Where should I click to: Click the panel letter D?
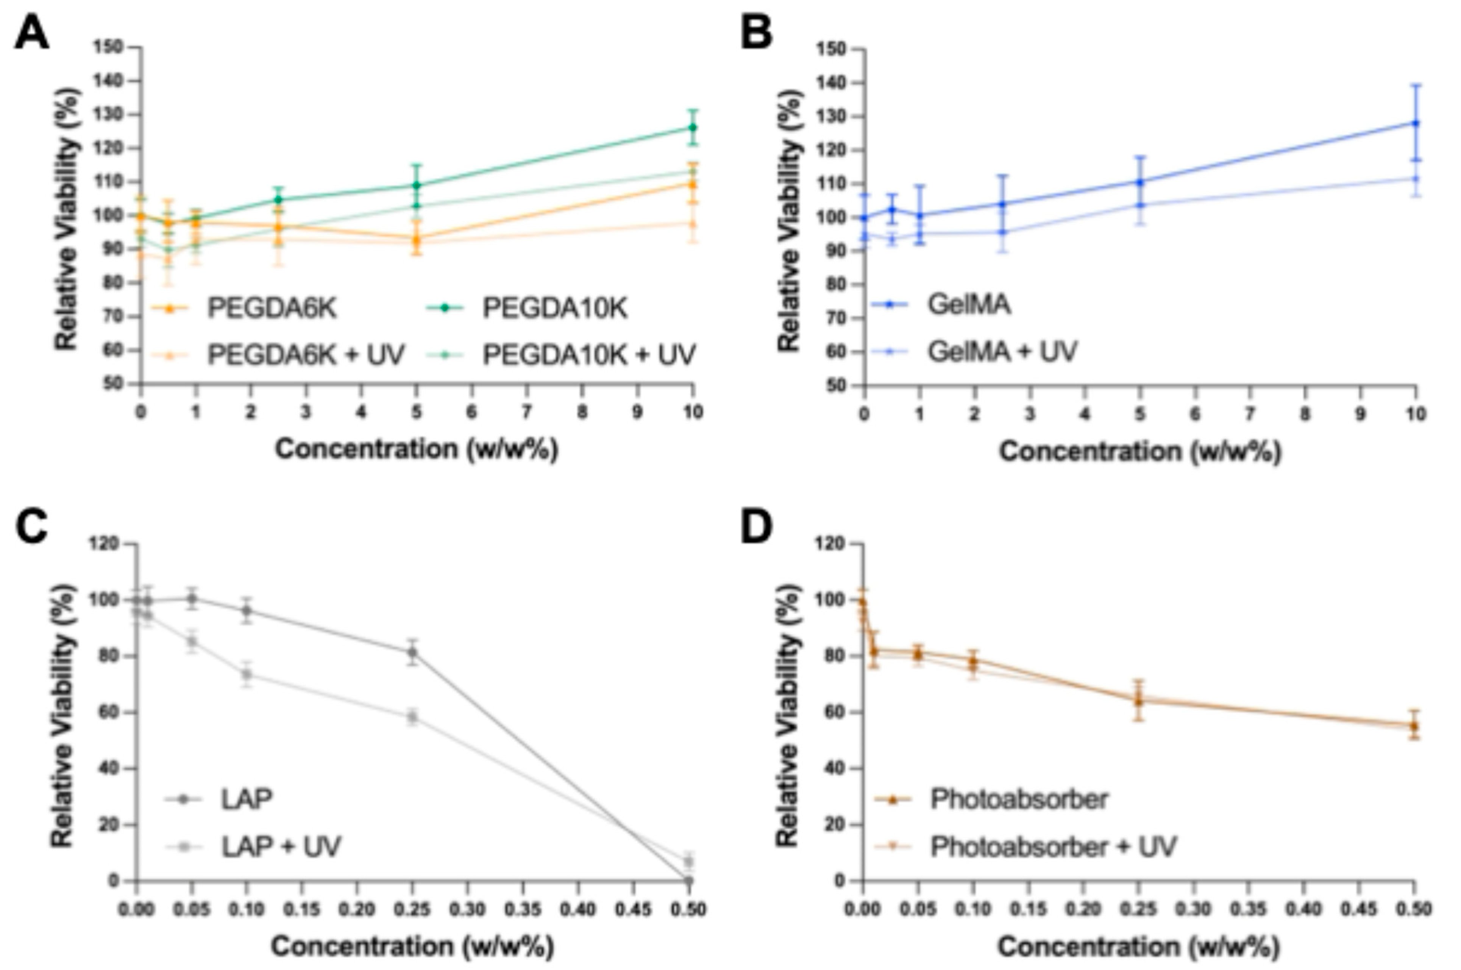tap(756, 527)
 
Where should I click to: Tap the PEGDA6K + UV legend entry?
tap(305, 354)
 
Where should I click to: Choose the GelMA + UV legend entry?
tap(1002, 351)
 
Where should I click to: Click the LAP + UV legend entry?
tap(280, 846)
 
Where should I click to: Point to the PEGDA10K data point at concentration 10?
tap(693, 128)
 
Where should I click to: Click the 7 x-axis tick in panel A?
tap(527, 412)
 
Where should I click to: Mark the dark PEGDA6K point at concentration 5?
tap(417, 239)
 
